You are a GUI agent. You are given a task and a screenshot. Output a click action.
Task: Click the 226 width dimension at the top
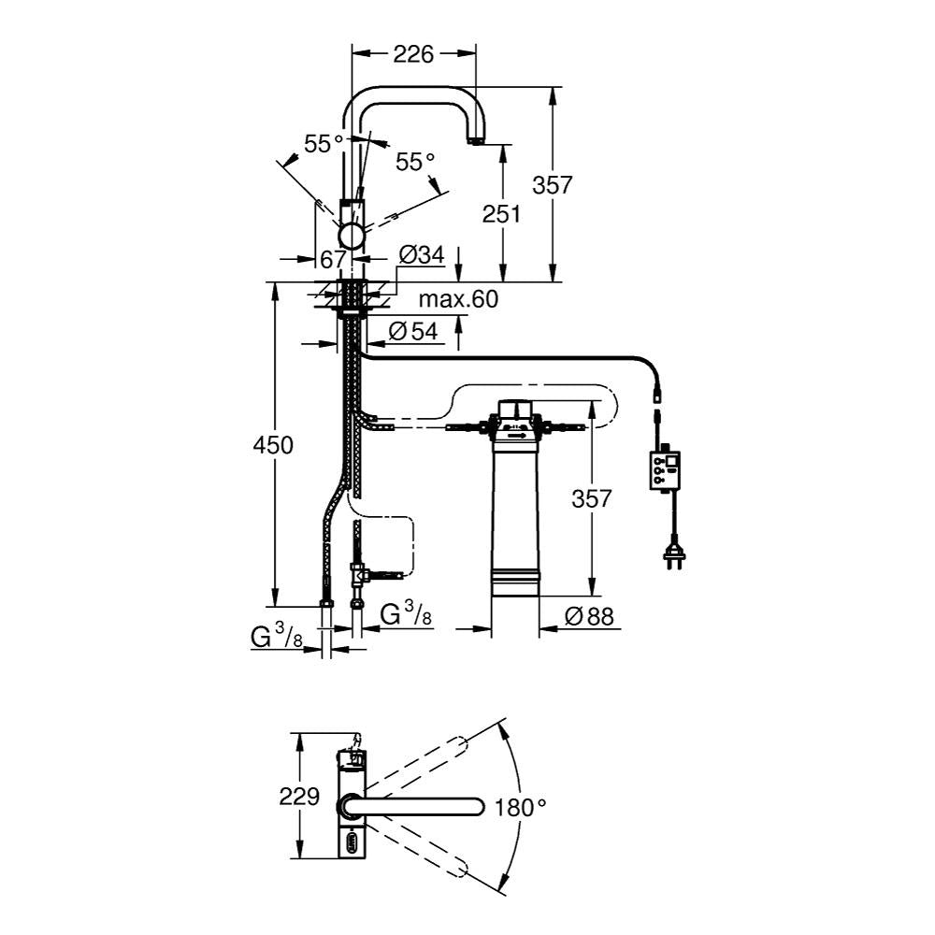tap(413, 54)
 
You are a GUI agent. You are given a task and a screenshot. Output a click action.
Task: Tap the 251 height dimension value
tap(501, 213)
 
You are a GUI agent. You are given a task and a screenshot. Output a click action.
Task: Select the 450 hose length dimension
tap(273, 445)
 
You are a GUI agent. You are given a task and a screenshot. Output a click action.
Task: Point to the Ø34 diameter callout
tap(422, 255)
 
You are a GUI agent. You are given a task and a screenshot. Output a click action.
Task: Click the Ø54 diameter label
tap(414, 331)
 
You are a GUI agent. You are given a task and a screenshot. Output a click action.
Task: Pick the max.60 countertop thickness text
tap(458, 299)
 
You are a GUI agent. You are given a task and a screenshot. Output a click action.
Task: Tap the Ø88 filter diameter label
tap(589, 616)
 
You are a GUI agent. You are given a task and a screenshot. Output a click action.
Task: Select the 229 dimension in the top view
tap(299, 796)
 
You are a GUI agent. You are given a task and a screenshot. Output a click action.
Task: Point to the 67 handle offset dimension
tap(334, 259)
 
